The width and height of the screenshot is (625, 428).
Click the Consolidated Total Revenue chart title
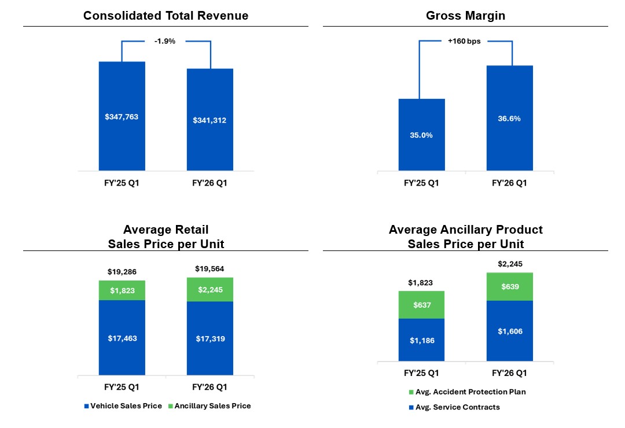tap(166, 16)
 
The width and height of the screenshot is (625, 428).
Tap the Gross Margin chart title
tap(465, 16)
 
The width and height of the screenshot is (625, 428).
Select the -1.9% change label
tap(166, 42)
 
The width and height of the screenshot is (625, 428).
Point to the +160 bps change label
tap(465, 42)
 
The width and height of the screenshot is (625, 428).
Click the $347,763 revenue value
tap(122, 117)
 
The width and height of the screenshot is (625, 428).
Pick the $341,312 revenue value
tap(209, 120)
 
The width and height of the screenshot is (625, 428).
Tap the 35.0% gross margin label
tap(421, 135)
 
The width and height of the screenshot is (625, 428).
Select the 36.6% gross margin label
tap(509, 119)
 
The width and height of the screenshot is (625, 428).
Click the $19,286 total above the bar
tap(122, 271)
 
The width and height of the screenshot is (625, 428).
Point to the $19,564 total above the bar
tap(209, 268)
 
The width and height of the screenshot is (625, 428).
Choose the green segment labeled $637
tap(421, 305)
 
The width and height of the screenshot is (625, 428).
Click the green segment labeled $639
tap(509, 287)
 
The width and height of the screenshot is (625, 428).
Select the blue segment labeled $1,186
tap(421, 340)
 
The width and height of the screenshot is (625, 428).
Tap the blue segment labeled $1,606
tap(509, 331)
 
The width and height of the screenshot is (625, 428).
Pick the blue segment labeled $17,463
tap(122, 338)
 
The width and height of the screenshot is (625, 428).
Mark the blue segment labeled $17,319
tap(209, 338)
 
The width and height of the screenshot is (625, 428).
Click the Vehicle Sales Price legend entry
tap(123, 406)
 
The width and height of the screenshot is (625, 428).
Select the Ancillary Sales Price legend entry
tap(209, 406)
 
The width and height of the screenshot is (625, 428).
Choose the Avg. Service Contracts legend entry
tap(454, 407)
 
